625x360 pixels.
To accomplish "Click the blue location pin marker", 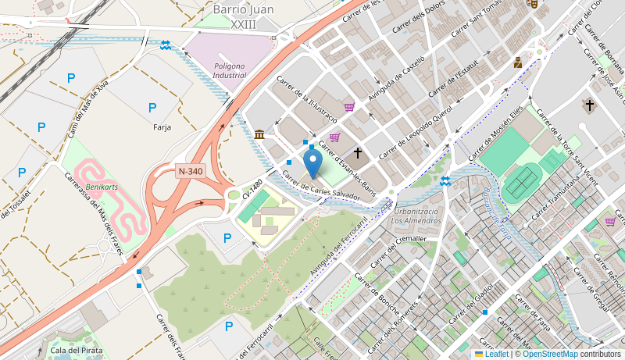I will pyautogui.click(x=312, y=164).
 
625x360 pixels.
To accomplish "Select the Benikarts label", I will pyautogui.click(x=102, y=188).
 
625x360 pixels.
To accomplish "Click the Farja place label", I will pyautogui.click(x=162, y=127).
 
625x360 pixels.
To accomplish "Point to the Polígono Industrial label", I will pyautogui.click(x=229, y=70).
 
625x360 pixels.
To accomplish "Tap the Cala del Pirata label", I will pyautogui.click(x=76, y=350).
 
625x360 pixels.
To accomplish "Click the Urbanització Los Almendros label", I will pyautogui.click(x=417, y=216).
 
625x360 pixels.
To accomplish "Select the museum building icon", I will pyautogui.click(x=259, y=135).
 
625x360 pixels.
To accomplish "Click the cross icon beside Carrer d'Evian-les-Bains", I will pyautogui.click(x=358, y=153).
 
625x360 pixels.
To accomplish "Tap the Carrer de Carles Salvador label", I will pyautogui.click(x=320, y=186).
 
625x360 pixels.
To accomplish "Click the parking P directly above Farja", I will pyautogui.click(x=152, y=107).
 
